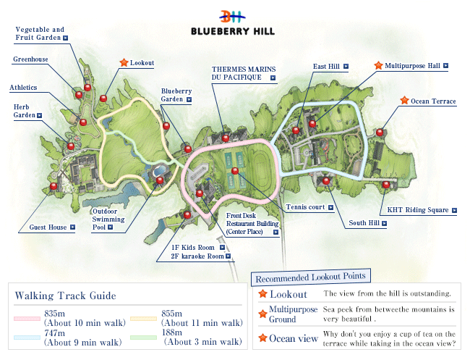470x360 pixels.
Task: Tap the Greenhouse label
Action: [30, 59]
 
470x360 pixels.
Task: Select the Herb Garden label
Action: [21, 111]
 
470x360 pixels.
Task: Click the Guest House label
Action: [48, 227]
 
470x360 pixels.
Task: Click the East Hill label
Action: [326, 67]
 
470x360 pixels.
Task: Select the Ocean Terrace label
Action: [433, 101]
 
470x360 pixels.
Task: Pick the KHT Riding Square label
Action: [418, 211]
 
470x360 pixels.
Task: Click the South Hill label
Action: [363, 223]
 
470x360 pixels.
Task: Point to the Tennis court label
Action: [304, 207]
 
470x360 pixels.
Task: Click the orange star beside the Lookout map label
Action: [124, 63]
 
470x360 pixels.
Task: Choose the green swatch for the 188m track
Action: [145, 337]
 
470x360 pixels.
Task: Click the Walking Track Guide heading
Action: [65, 296]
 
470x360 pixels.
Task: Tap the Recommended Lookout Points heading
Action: [310, 276]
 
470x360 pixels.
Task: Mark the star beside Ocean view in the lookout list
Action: [262, 338]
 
